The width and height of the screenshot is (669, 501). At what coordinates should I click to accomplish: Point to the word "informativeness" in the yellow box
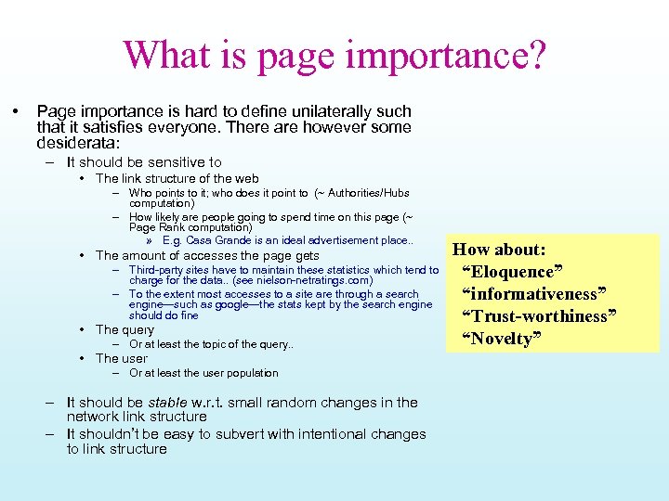click(x=531, y=294)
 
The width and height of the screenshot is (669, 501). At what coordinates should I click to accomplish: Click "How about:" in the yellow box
click(x=499, y=250)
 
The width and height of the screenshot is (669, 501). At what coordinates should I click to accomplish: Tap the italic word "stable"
click(x=167, y=403)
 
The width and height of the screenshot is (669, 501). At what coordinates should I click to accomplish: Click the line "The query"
click(x=125, y=329)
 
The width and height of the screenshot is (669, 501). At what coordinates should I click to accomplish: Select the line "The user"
click(x=122, y=358)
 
